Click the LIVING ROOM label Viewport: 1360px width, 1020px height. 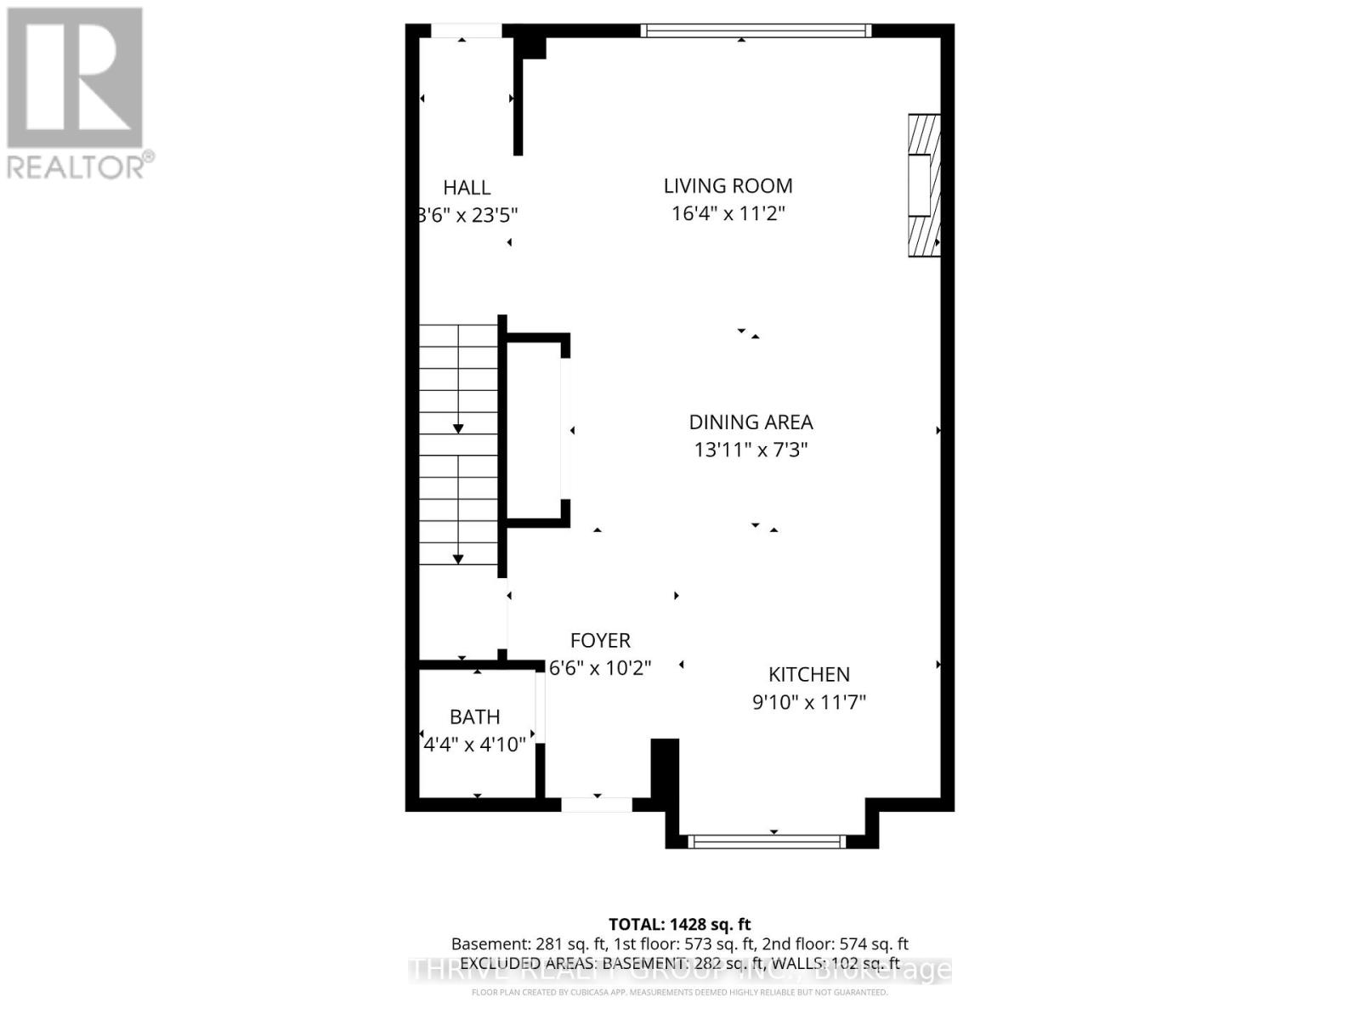pyautogui.click(x=728, y=186)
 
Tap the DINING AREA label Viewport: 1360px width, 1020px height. pyautogui.click(x=751, y=422)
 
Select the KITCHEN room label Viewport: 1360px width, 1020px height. pyautogui.click(x=808, y=675)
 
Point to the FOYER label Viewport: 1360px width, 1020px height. pyautogui.click(x=600, y=641)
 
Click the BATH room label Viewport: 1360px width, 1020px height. pyautogui.click(x=474, y=717)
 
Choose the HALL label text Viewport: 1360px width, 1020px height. pyautogui.click(x=467, y=188)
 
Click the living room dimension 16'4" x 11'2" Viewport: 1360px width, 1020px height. pyautogui.click(x=728, y=213)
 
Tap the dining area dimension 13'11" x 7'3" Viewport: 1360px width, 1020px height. pyautogui.click(x=751, y=450)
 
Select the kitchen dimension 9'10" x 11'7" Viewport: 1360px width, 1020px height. pyautogui.click(x=808, y=702)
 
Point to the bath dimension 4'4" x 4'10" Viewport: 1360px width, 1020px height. pyautogui.click(x=474, y=745)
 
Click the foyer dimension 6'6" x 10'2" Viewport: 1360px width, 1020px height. pyautogui.click(x=600, y=668)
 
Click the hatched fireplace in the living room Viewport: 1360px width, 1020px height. pyautogui.click(x=924, y=185)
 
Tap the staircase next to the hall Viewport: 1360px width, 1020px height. pyautogui.click(x=459, y=444)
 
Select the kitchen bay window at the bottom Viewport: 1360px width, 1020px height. pyautogui.click(x=767, y=841)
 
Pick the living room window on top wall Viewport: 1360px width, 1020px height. pyautogui.click(x=756, y=31)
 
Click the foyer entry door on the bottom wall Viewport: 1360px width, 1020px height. pyautogui.click(x=597, y=804)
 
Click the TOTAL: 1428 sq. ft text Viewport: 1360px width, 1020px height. pyautogui.click(x=679, y=924)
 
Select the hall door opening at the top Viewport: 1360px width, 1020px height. pyautogui.click(x=466, y=31)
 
